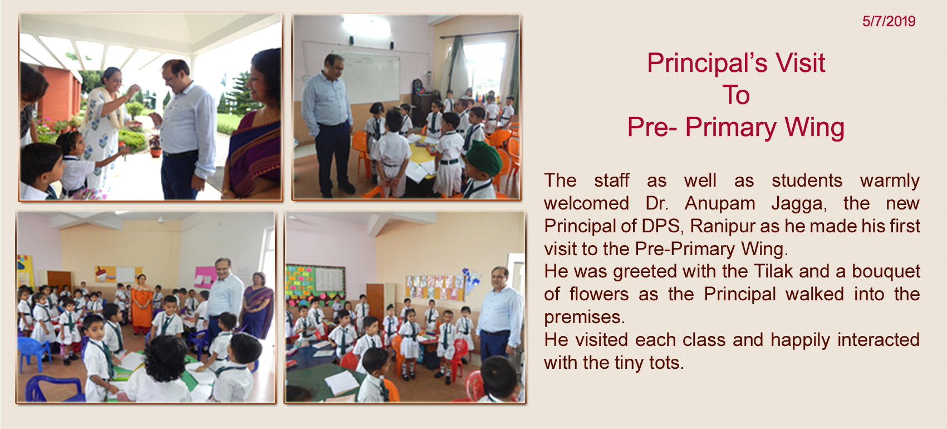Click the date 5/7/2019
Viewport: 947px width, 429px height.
tap(889, 21)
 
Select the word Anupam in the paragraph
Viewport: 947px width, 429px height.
tap(719, 204)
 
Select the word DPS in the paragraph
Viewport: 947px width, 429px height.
tap(660, 226)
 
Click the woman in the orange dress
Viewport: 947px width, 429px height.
tap(141, 304)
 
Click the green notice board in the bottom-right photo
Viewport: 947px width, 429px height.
tap(315, 284)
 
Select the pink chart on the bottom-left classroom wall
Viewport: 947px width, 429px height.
tap(205, 277)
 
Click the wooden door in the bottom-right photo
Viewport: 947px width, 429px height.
tap(375, 302)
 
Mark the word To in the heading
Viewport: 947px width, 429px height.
tap(736, 95)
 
